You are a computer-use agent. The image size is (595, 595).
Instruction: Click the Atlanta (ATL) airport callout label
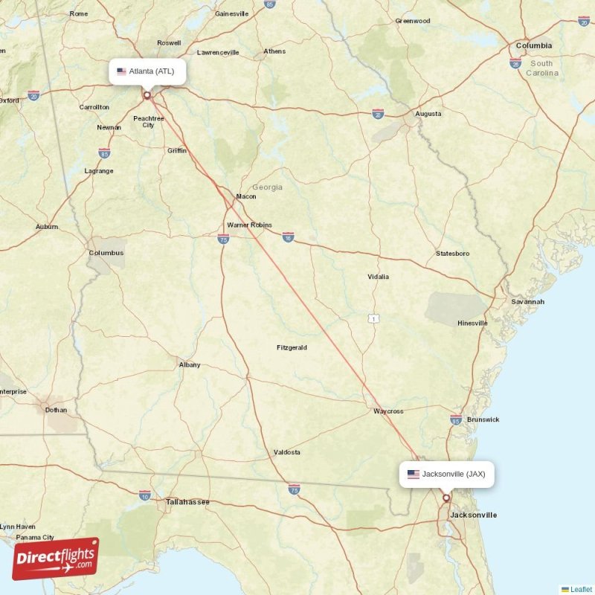[x=147, y=72]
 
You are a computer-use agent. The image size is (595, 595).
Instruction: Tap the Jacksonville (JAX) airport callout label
[x=446, y=474]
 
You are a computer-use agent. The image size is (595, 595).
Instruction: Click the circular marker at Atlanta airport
[x=147, y=94]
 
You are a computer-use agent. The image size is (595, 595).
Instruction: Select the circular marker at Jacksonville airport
[x=446, y=498]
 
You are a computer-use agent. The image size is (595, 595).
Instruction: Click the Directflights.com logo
[x=56, y=559]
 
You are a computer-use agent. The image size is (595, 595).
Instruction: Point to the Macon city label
[x=245, y=196]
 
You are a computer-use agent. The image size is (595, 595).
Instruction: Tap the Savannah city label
[x=527, y=302]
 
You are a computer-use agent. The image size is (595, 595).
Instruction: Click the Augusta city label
[x=428, y=114]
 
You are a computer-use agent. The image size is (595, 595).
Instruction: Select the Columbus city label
[x=106, y=253]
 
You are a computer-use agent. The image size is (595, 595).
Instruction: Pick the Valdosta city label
[x=287, y=452]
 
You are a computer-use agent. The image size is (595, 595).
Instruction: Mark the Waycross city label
[x=388, y=411]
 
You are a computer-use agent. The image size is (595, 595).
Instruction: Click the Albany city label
[x=190, y=364]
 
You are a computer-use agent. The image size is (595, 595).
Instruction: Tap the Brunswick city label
[x=483, y=419]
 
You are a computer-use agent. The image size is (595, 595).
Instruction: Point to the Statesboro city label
[x=452, y=254]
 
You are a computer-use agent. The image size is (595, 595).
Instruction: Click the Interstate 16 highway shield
[x=288, y=237]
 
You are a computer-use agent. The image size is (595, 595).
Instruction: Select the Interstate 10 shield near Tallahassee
[x=144, y=494]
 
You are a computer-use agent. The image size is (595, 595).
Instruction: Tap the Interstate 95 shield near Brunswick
[x=456, y=420]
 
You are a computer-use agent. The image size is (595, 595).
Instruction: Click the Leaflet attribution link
[x=581, y=589]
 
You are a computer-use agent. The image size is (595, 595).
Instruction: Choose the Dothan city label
[x=56, y=410]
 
